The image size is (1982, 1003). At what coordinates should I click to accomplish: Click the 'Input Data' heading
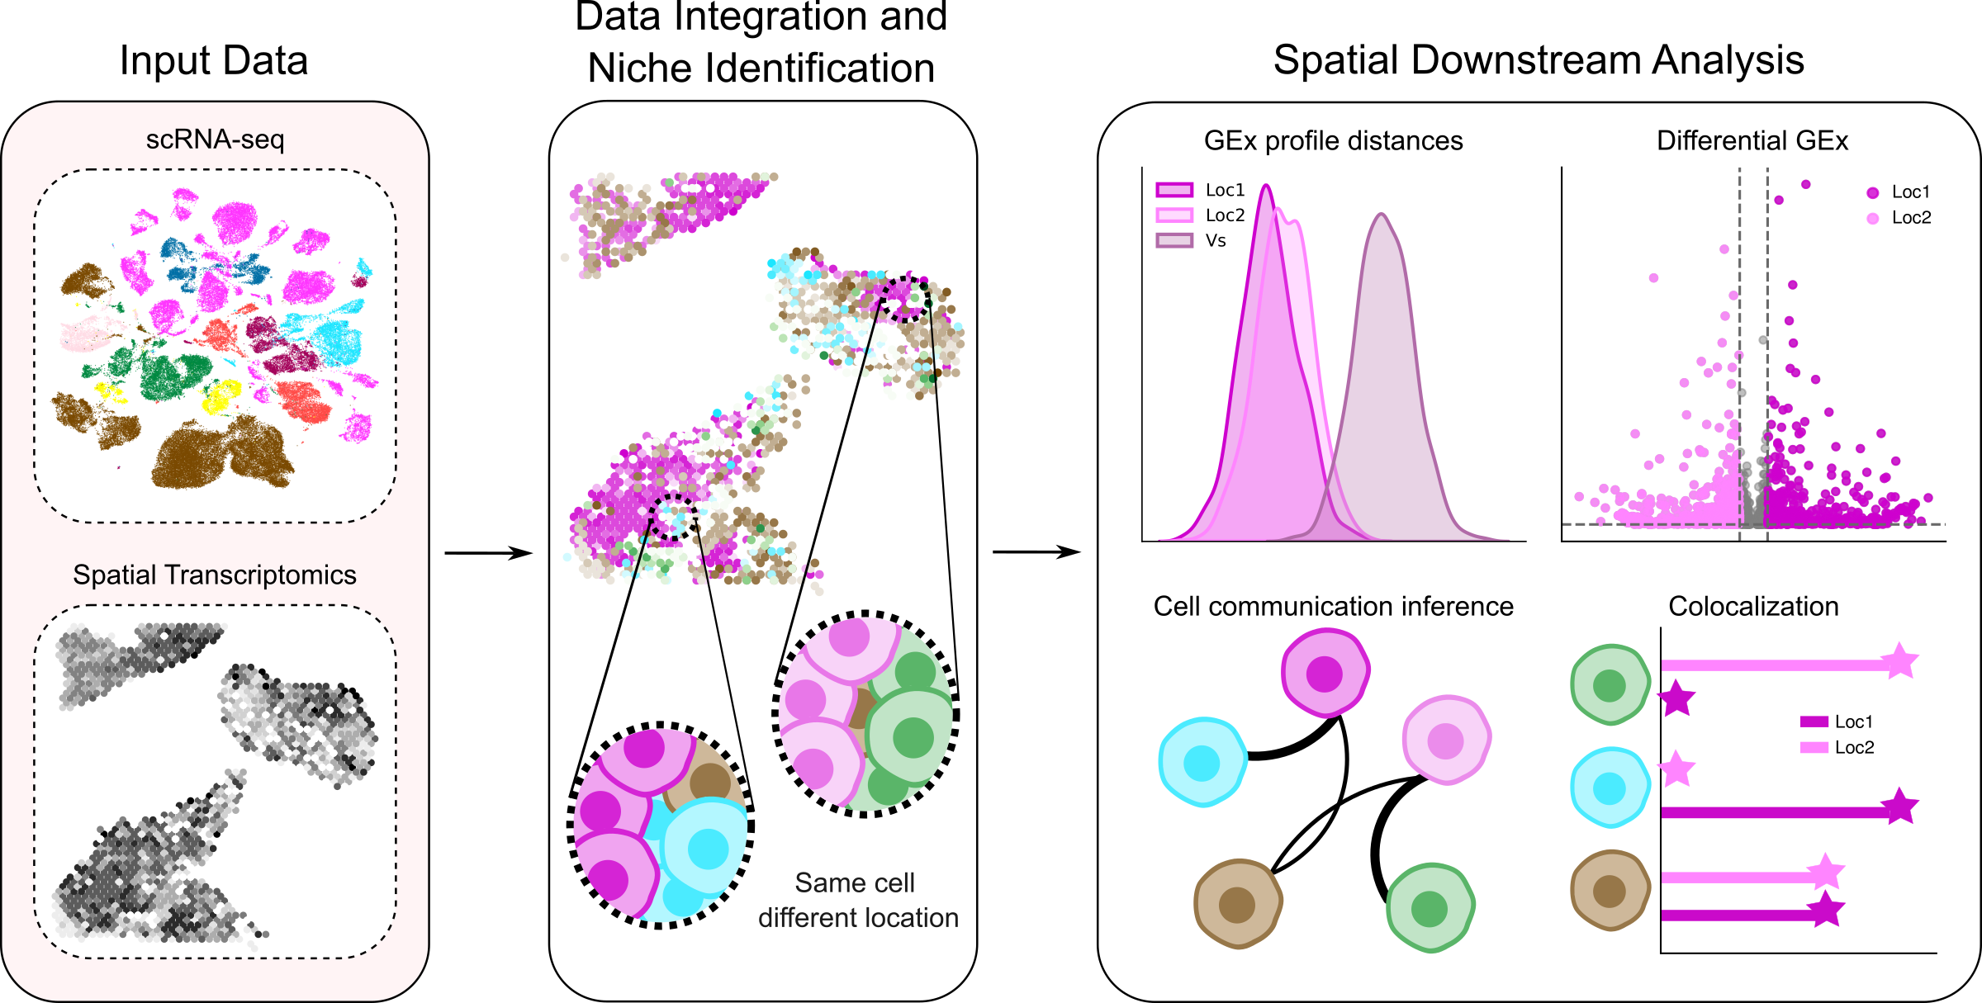pos(214,61)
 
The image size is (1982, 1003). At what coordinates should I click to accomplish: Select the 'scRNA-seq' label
pos(215,140)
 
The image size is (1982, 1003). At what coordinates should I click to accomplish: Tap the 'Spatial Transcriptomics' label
pos(215,575)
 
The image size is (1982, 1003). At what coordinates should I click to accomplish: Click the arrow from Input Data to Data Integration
pos(488,553)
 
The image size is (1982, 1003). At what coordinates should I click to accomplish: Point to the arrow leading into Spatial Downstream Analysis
pos(1036,552)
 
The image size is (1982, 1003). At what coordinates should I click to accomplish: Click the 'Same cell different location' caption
pos(857,901)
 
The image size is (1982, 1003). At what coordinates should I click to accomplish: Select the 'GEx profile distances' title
pos(1333,141)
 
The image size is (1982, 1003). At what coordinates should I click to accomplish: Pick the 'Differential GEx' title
pos(1752,141)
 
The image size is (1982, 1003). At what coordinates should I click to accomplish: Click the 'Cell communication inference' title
pos(1333,607)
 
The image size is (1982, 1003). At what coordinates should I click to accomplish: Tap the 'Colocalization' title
pos(1753,607)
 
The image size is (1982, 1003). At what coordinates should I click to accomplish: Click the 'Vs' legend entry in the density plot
pos(1215,241)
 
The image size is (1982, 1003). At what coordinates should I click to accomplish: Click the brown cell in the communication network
pos(1237,904)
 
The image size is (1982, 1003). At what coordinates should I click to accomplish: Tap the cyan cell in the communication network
pos(1202,762)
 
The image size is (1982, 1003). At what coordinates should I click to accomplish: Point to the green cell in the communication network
pos(1430,908)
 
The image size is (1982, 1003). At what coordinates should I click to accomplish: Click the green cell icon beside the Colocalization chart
pos(1609,685)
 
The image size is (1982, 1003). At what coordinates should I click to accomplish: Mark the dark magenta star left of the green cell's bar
pos(1677,699)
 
